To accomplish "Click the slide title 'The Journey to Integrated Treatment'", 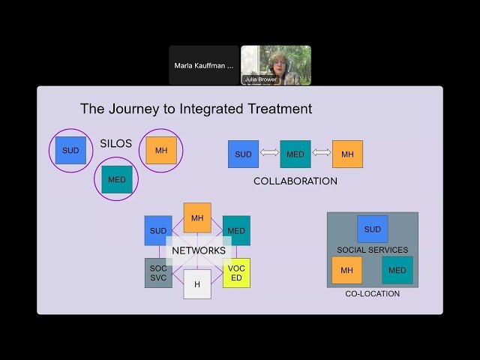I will point(196,109).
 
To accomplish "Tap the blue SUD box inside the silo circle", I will point(70,151).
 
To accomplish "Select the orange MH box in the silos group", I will point(161,151).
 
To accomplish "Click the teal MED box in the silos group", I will point(117,180).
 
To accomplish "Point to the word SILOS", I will point(116,143).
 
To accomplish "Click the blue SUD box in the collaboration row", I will point(243,154).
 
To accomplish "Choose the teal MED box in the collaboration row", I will point(295,154).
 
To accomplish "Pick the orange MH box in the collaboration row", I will point(347,154).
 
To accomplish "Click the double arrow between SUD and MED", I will point(269,154).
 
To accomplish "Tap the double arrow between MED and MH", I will point(322,154).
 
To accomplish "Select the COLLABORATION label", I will point(295,181).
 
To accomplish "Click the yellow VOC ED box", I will point(236,273).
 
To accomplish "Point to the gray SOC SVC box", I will point(158,273).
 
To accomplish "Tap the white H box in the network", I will point(197,285).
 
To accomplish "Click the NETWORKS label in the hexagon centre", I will point(198,250).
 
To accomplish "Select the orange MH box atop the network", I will point(197,217).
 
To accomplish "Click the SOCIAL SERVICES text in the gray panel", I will point(372,250).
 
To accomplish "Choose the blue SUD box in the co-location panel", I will point(372,229).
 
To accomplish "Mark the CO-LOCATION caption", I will point(372,294).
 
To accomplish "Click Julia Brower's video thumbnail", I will point(276,65).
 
